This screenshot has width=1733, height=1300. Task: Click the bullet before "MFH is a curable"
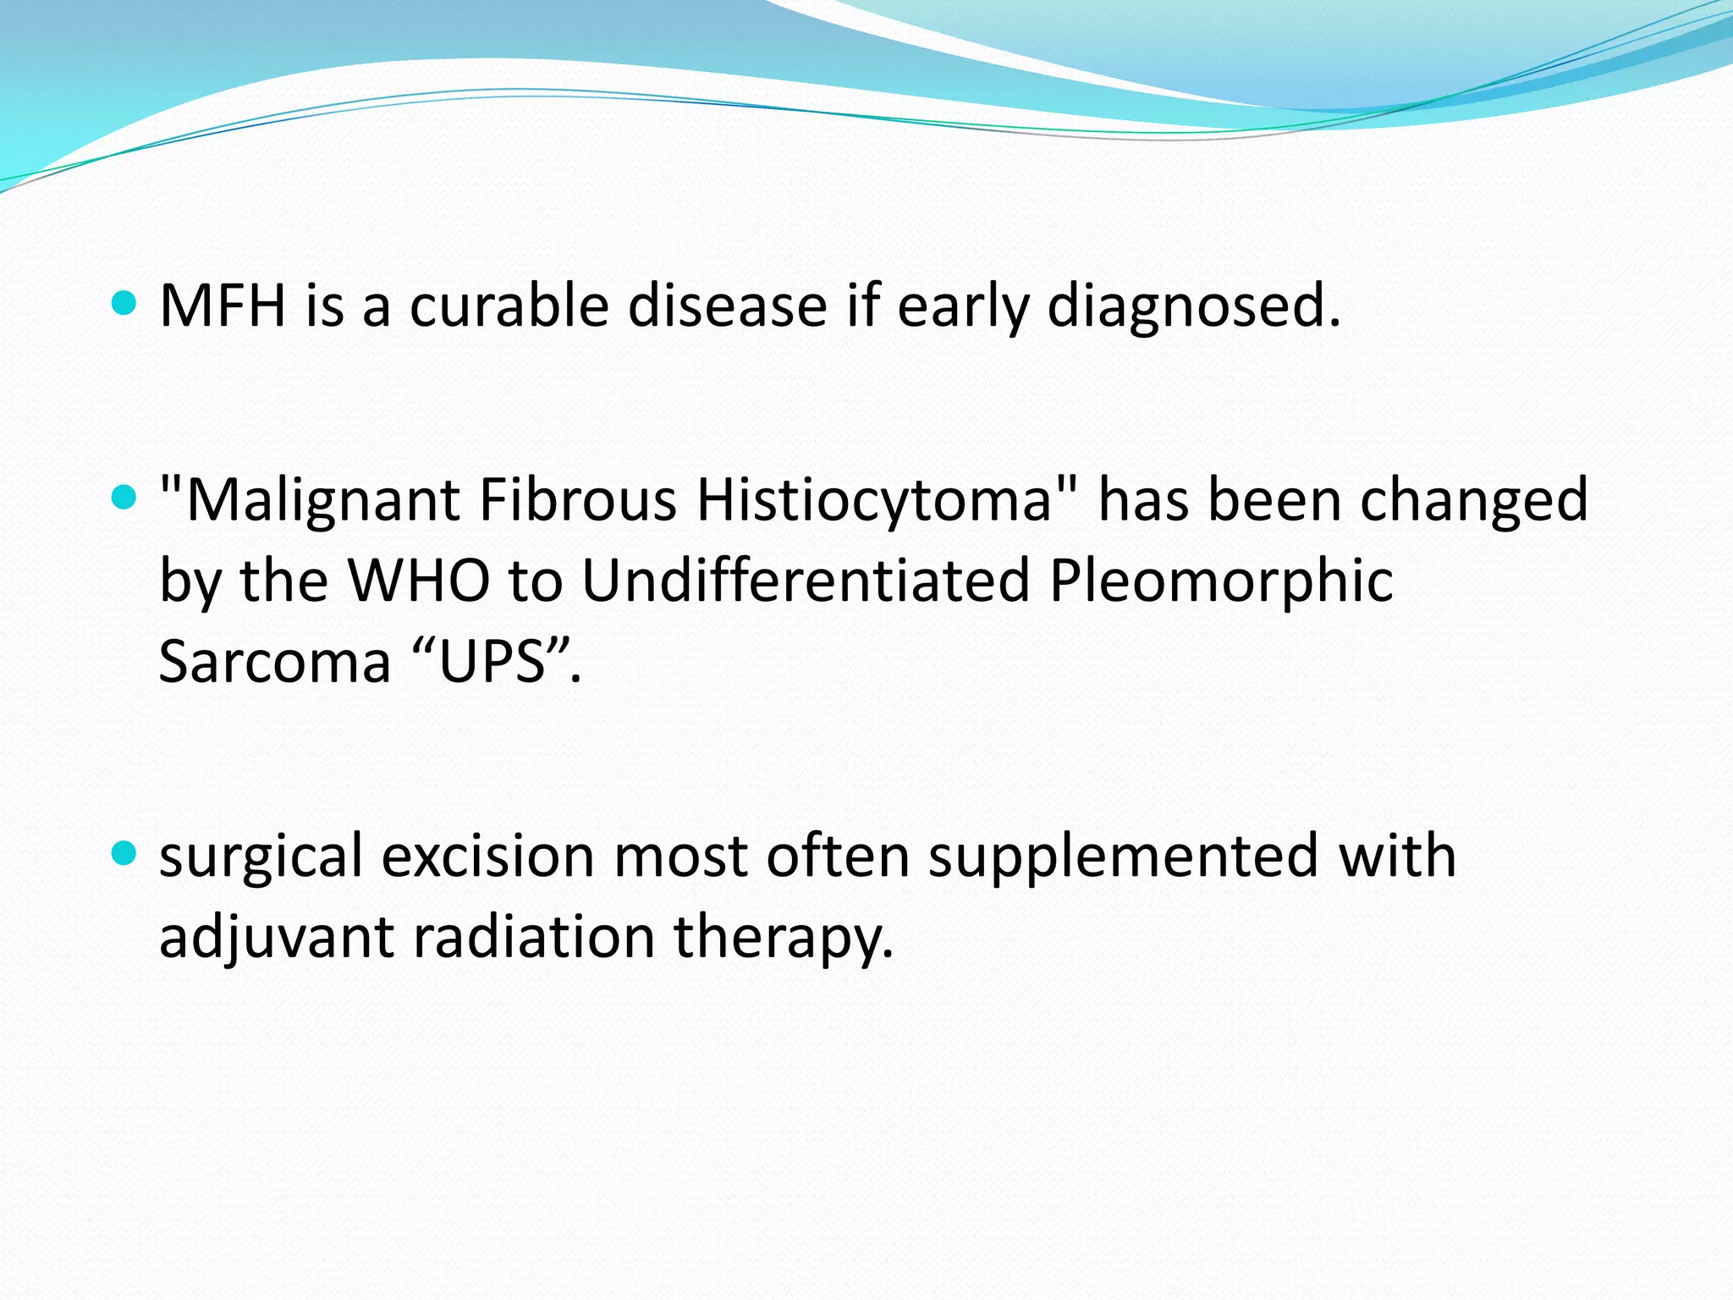click(x=124, y=303)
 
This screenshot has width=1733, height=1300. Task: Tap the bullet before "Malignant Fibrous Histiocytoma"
click(x=124, y=497)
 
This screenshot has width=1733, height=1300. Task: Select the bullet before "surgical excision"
click(x=124, y=854)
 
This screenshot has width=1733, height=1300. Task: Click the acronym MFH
click(x=223, y=306)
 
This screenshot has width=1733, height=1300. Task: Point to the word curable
click(x=509, y=306)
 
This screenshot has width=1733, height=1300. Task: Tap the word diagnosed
click(x=1193, y=306)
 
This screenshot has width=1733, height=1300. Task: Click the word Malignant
click(x=322, y=499)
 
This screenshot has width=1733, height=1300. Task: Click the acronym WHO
click(x=419, y=581)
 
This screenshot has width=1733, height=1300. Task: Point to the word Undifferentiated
click(x=806, y=581)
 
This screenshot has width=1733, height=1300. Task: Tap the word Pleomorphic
click(x=1220, y=581)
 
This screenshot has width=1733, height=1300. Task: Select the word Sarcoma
click(x=274, y=662)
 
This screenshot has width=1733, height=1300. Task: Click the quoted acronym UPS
click(x=491, y=662)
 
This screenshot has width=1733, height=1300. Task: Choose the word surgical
click(x=261, y=857)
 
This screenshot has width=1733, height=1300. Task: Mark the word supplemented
click(x=1123, y=857)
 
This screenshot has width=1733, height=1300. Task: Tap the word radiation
click(x=534, y=938)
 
